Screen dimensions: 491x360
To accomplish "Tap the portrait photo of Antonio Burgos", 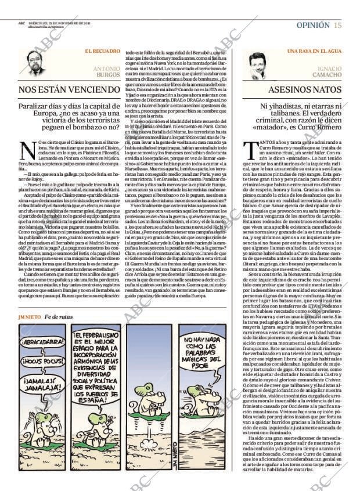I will click(x=35, y=63).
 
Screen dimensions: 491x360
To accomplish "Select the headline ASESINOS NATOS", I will click(x=304, y=90).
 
